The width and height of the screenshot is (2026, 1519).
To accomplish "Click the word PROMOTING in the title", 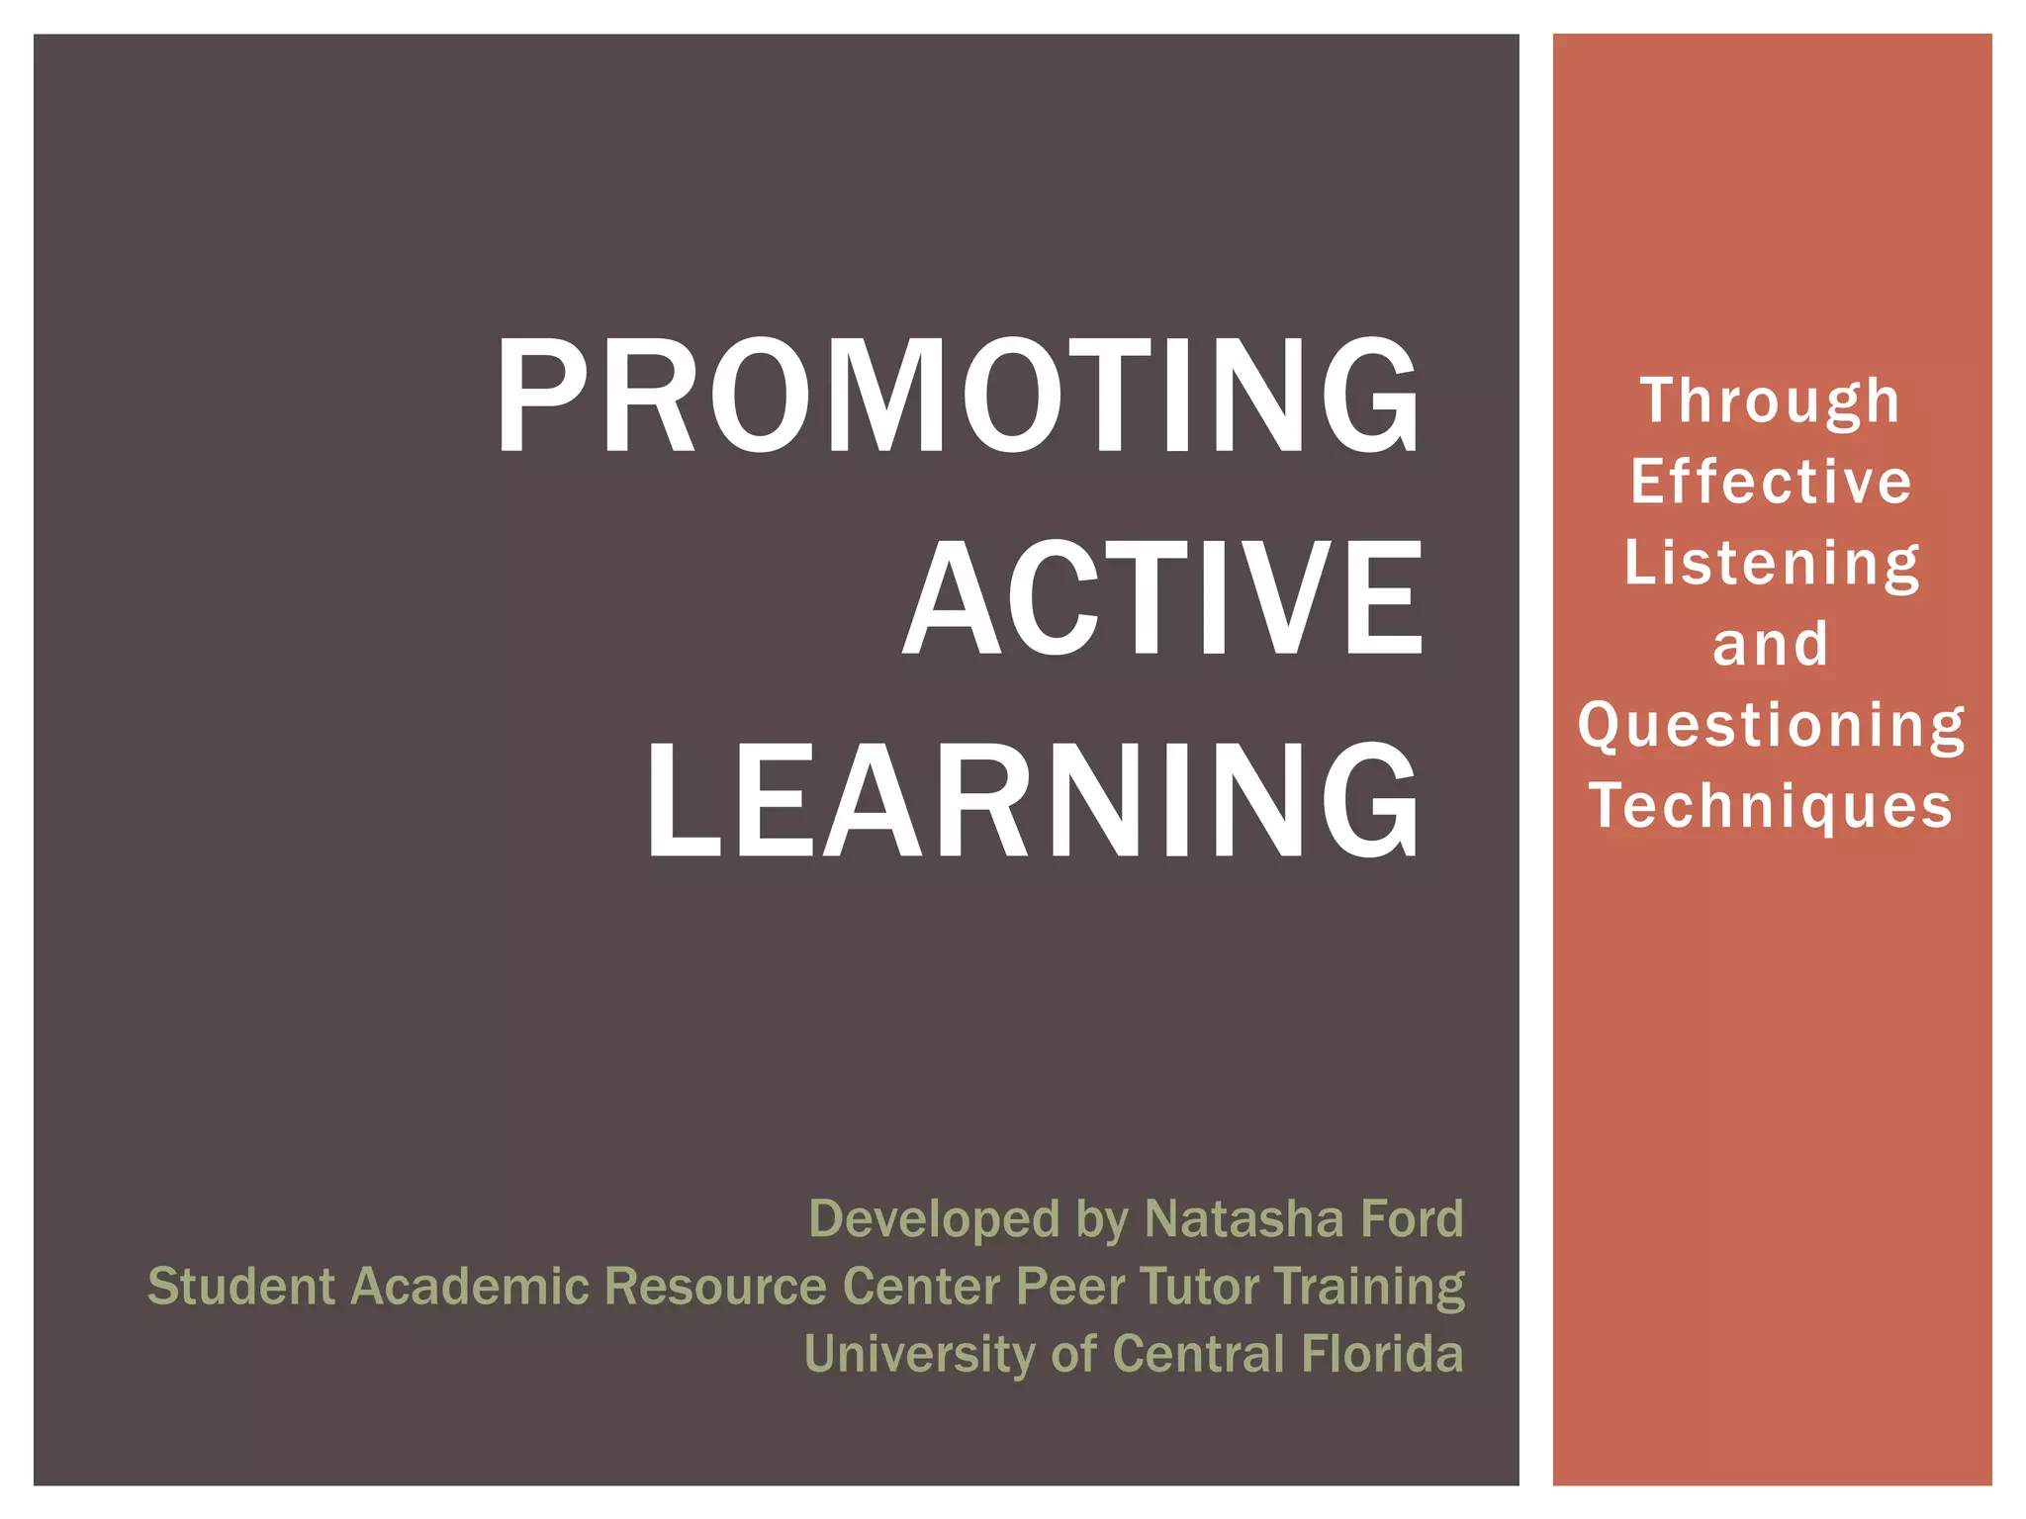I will pyautogui.click(x=958, y=396).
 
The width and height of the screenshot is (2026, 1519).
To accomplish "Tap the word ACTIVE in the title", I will pyautogui.click(x=1163, y=598).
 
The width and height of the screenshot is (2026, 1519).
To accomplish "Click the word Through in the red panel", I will pyautogui.click(x=1771, y=402).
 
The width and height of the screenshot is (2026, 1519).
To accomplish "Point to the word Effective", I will pyautogui.click(x=1771, y=483).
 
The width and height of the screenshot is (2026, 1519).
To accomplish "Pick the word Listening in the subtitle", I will pyautogui.click(x=1771, y=564).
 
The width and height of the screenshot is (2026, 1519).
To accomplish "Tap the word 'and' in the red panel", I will pyautogui.click(x=1771, y=645).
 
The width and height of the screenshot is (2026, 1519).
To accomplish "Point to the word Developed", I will pyautogui.click(x=934, y=1218).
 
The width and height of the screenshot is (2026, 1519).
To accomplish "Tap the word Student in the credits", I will pyautogui.click(x=241, y=1287).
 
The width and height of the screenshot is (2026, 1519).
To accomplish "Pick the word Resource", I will pyautogui.click(x=715, y=1287).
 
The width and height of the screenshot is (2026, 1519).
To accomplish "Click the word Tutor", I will pyautogui.click(x=1199, y=1287).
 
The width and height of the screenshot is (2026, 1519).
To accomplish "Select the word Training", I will pyautogui.click(x=1370, y=1287).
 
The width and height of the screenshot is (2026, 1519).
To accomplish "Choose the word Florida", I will pyautogui.click(x=1382, y=1354).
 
